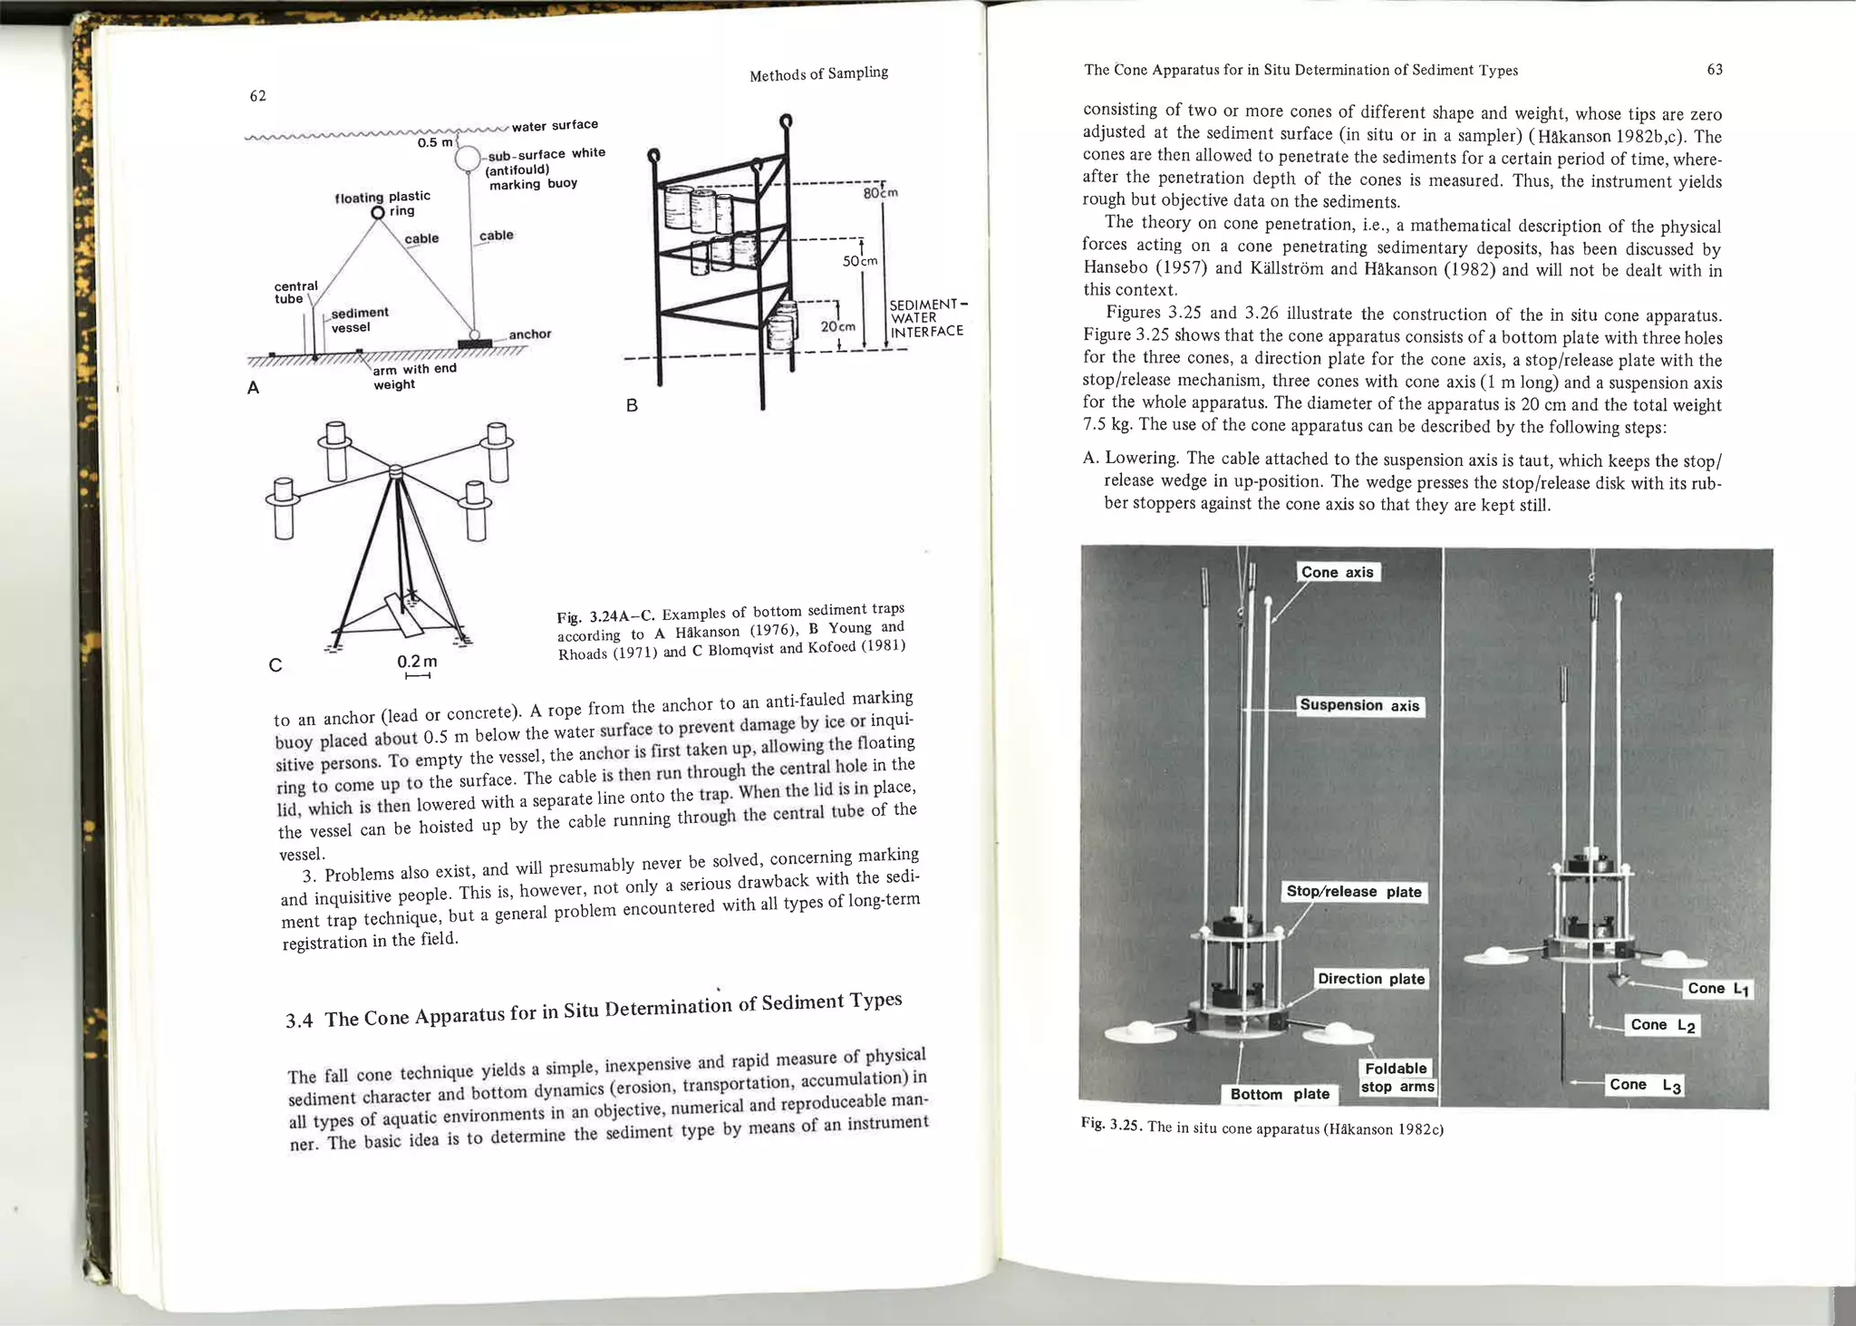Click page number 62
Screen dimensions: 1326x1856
(x=258, y=96)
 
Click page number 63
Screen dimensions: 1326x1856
(x=1715, y=70)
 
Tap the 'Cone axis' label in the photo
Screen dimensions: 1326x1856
(x=1338, y=572)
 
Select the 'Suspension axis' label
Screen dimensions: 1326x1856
(x=1359, y=705)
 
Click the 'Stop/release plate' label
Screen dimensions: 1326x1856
(x=1354, y=892)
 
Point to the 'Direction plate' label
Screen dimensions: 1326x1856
(x=1371, y=979)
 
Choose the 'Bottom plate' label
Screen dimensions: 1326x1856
(x=1280, y=1094)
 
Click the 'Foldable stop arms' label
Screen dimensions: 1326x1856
(x=1397, y=1078)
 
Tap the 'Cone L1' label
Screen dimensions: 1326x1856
(x=1717, y=989)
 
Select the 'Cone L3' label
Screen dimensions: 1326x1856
(x=1645, y=1085)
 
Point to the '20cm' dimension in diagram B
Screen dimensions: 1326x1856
(x=837, y=326)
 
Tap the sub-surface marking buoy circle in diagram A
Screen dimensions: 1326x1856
(x=468, y=160)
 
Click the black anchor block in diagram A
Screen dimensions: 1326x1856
(x=475, y=343)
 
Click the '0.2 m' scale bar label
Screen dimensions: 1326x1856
(x=417, y=662)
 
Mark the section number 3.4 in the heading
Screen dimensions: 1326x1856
(x=298, y=1021)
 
